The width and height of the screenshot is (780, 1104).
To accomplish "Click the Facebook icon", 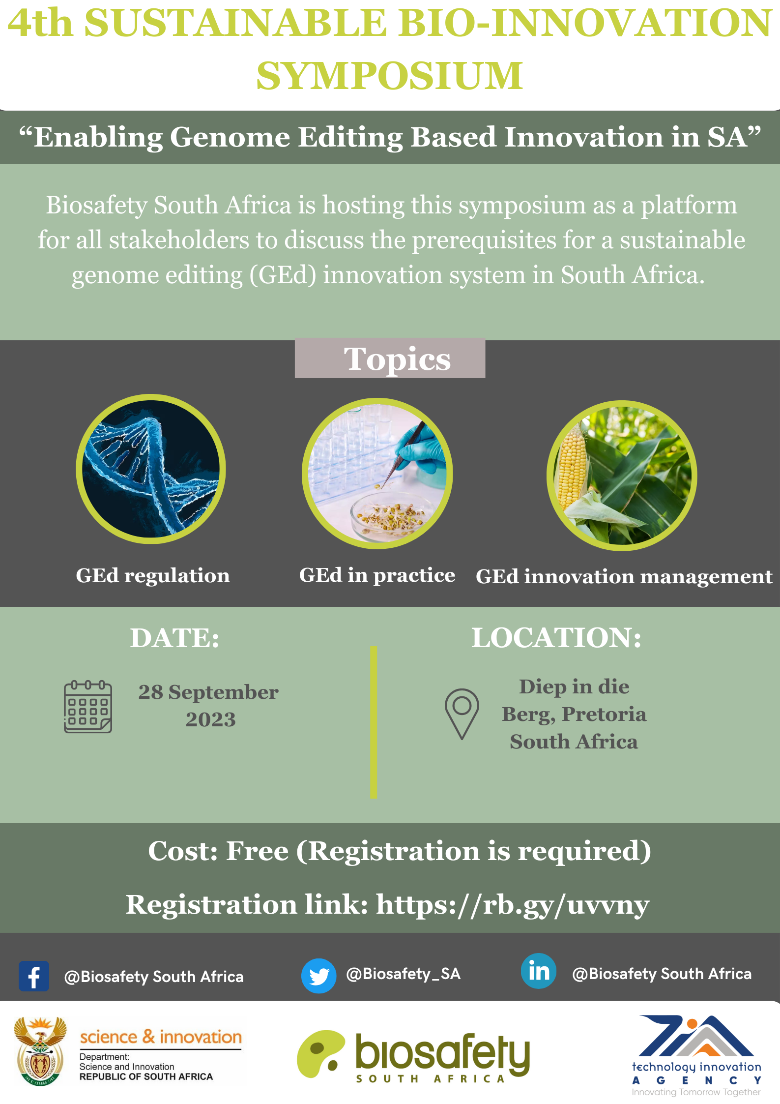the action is pyautogui.click(x=34, y=976).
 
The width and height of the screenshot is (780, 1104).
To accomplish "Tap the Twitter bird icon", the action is pyautogui.click(x=319, y=976).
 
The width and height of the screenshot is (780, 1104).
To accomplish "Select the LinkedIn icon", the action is pyautogui.click(x=539, y=971).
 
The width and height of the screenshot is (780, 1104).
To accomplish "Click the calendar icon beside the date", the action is pyautogui.click(x=88, y=707).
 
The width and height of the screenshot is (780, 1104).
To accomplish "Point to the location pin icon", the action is pyautogui.click(x=462, y=714).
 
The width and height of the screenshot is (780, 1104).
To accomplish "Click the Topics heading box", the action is pyautogui.click(x=390, y=358).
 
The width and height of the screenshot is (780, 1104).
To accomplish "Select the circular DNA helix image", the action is pyautogui.click(x=151, y=469).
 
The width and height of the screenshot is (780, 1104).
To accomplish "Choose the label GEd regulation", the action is pyautogui.click(x=153, y=575).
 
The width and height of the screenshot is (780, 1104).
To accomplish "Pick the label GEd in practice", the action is pyautogui.click(x=377, y=575).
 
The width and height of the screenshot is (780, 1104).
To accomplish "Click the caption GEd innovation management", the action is pyautogui.click(x=624, y=576).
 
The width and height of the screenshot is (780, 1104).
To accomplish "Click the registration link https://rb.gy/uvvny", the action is pyautogui.click(x=513, y=905).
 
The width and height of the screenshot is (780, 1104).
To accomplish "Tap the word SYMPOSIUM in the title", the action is pyautogui.click(x=390, y=75).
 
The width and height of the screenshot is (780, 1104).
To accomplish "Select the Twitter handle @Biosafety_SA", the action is pyautogui.click(x=404, y=974).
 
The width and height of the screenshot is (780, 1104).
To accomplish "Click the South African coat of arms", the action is pyautogui.click(x=41, y=1050).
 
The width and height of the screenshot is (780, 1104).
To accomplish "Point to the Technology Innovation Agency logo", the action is pyautogui.click(x=696, y=1055).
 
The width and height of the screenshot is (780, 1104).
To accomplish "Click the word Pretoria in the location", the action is pyautogui.click(x=604, y=714).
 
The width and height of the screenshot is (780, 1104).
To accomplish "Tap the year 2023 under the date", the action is pyautogui.click(x=211, y=719).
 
